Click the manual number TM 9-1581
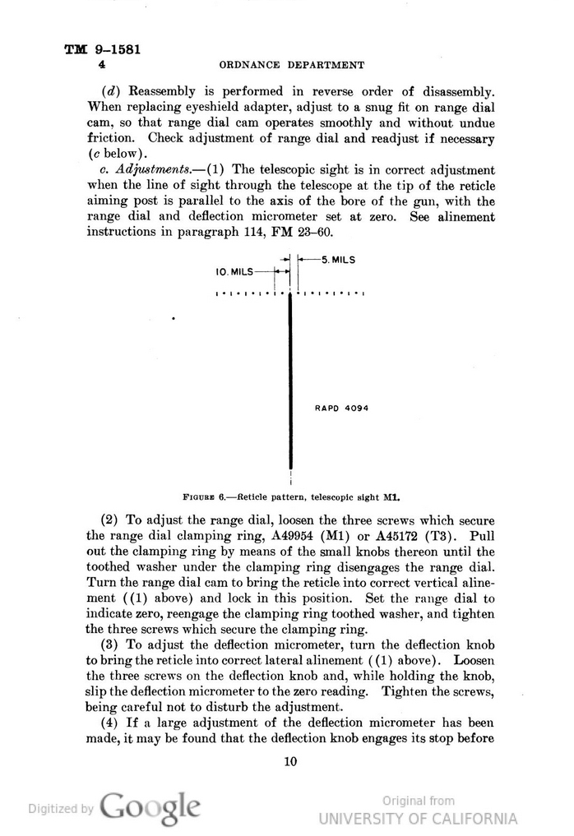coord(103,48)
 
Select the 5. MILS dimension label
coord(337,259)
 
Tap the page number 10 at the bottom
coord(289,761)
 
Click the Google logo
coord(150,807)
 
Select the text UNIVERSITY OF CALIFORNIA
coord(418,818)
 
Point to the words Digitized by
coord(60,809)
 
